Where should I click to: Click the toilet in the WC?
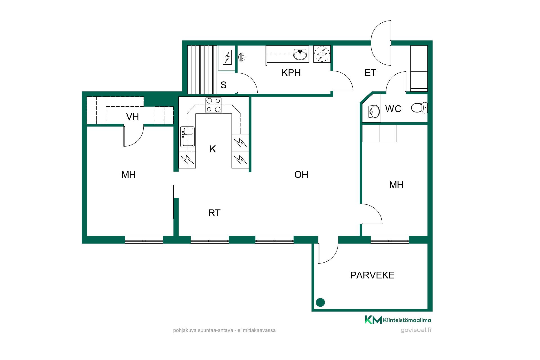[x=419, y=108]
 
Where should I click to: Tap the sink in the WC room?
[x=374, y=112]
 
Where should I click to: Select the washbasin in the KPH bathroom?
[x=301, y=54]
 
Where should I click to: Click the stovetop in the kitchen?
[x=213, y=105]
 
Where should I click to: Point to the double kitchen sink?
[x=187, y=137]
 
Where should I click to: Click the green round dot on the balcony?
[x=321, y=302]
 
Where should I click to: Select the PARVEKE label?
[x=372, y=275]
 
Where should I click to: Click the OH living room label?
[x=301, y=175]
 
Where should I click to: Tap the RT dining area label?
[x=214, y=213]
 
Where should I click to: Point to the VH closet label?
[x=132, y=116]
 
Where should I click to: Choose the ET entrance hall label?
[x=370, y=73]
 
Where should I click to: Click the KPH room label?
[x=291, y=73]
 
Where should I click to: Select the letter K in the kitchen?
[x=213, y=149]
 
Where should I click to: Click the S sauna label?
[x=224, y=85]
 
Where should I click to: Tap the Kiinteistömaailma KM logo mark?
[x=373, y=320]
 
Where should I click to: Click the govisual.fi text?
[x=416, y=330]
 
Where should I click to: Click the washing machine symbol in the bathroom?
[x=322, y=54]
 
